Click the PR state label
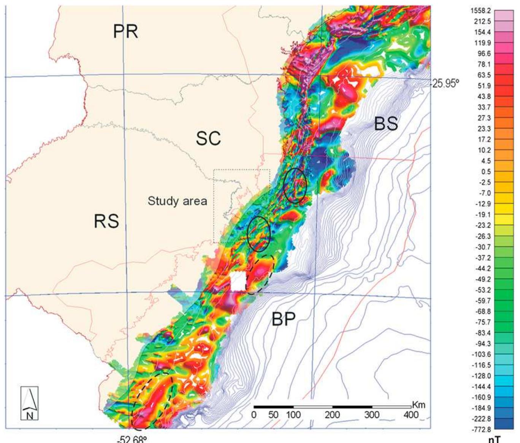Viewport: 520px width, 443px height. pos(125,31)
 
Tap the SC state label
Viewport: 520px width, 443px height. pos(208,139)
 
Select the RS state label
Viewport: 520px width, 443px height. pos(106,221)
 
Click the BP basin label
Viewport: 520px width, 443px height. pos(283,320)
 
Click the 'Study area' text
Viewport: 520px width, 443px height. pos(177,201)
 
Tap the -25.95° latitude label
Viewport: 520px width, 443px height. pos(445,84)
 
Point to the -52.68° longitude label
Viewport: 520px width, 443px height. pos(131,439)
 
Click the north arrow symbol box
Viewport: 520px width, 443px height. pos(29,403)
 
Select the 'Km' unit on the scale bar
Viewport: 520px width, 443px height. pos(418,405)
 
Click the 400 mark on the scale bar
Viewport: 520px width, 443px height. pos(411,414)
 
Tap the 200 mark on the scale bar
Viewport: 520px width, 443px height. pos(332,414)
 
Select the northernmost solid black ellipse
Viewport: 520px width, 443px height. pos(295,185)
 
